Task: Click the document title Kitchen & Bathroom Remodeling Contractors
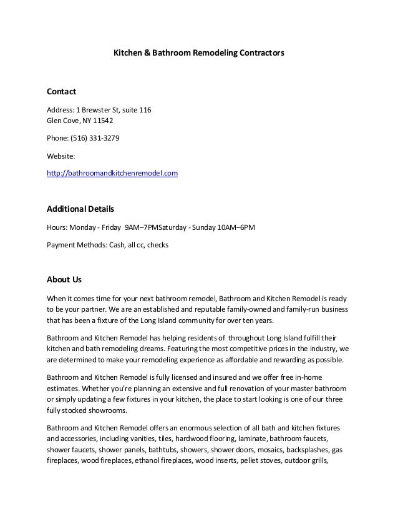point(198,54)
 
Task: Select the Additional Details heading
point(80,207)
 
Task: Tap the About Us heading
point(65,278)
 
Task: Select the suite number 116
point(144,111)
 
